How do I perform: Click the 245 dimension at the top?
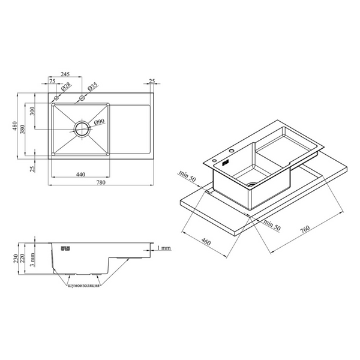pyautogui.click(x=65, y=74)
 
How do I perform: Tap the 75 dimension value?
pyautogui.click(x=52, y=81)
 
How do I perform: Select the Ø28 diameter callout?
pyautogui.click(x=66, y=87)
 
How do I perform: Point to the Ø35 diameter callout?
pyautogui.click(x=92, y=86)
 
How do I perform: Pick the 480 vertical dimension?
pyautogui.click(x=14, y=126)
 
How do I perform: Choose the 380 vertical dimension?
pyautogui.click(x=22, y=129)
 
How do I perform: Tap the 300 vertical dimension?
pyautogui.click(x=32, y=111)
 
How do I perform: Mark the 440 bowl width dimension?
pyautogui.click(x=80, y=175)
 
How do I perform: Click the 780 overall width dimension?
pyautogui.click(x=101, y=182)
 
